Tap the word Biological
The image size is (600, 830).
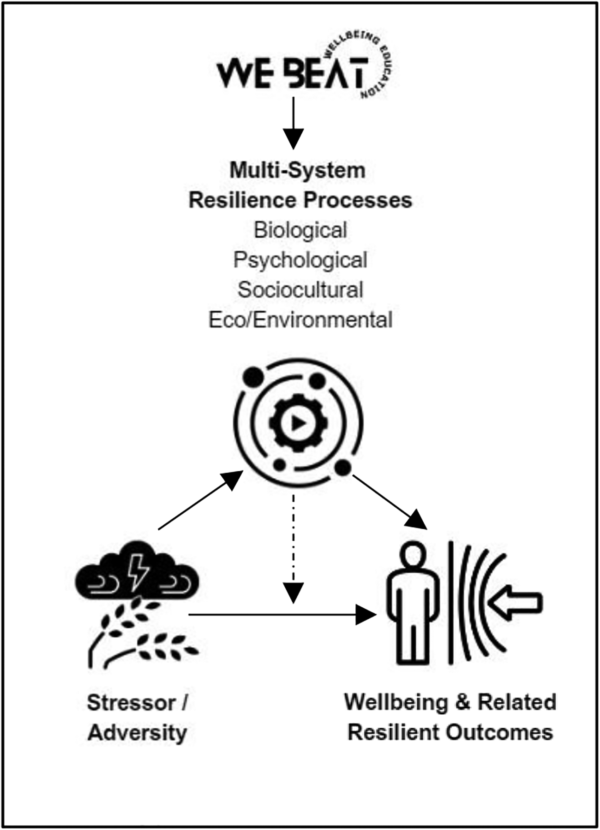coord(300,230)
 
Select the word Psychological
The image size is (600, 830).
coord(300,260)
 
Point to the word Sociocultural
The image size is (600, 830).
coord(300,290)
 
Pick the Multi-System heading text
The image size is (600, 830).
coord(298,170)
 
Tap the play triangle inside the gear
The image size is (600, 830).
coord(299,423)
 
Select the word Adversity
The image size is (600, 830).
coord(138,733)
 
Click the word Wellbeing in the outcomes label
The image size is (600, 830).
coord(396,702)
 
